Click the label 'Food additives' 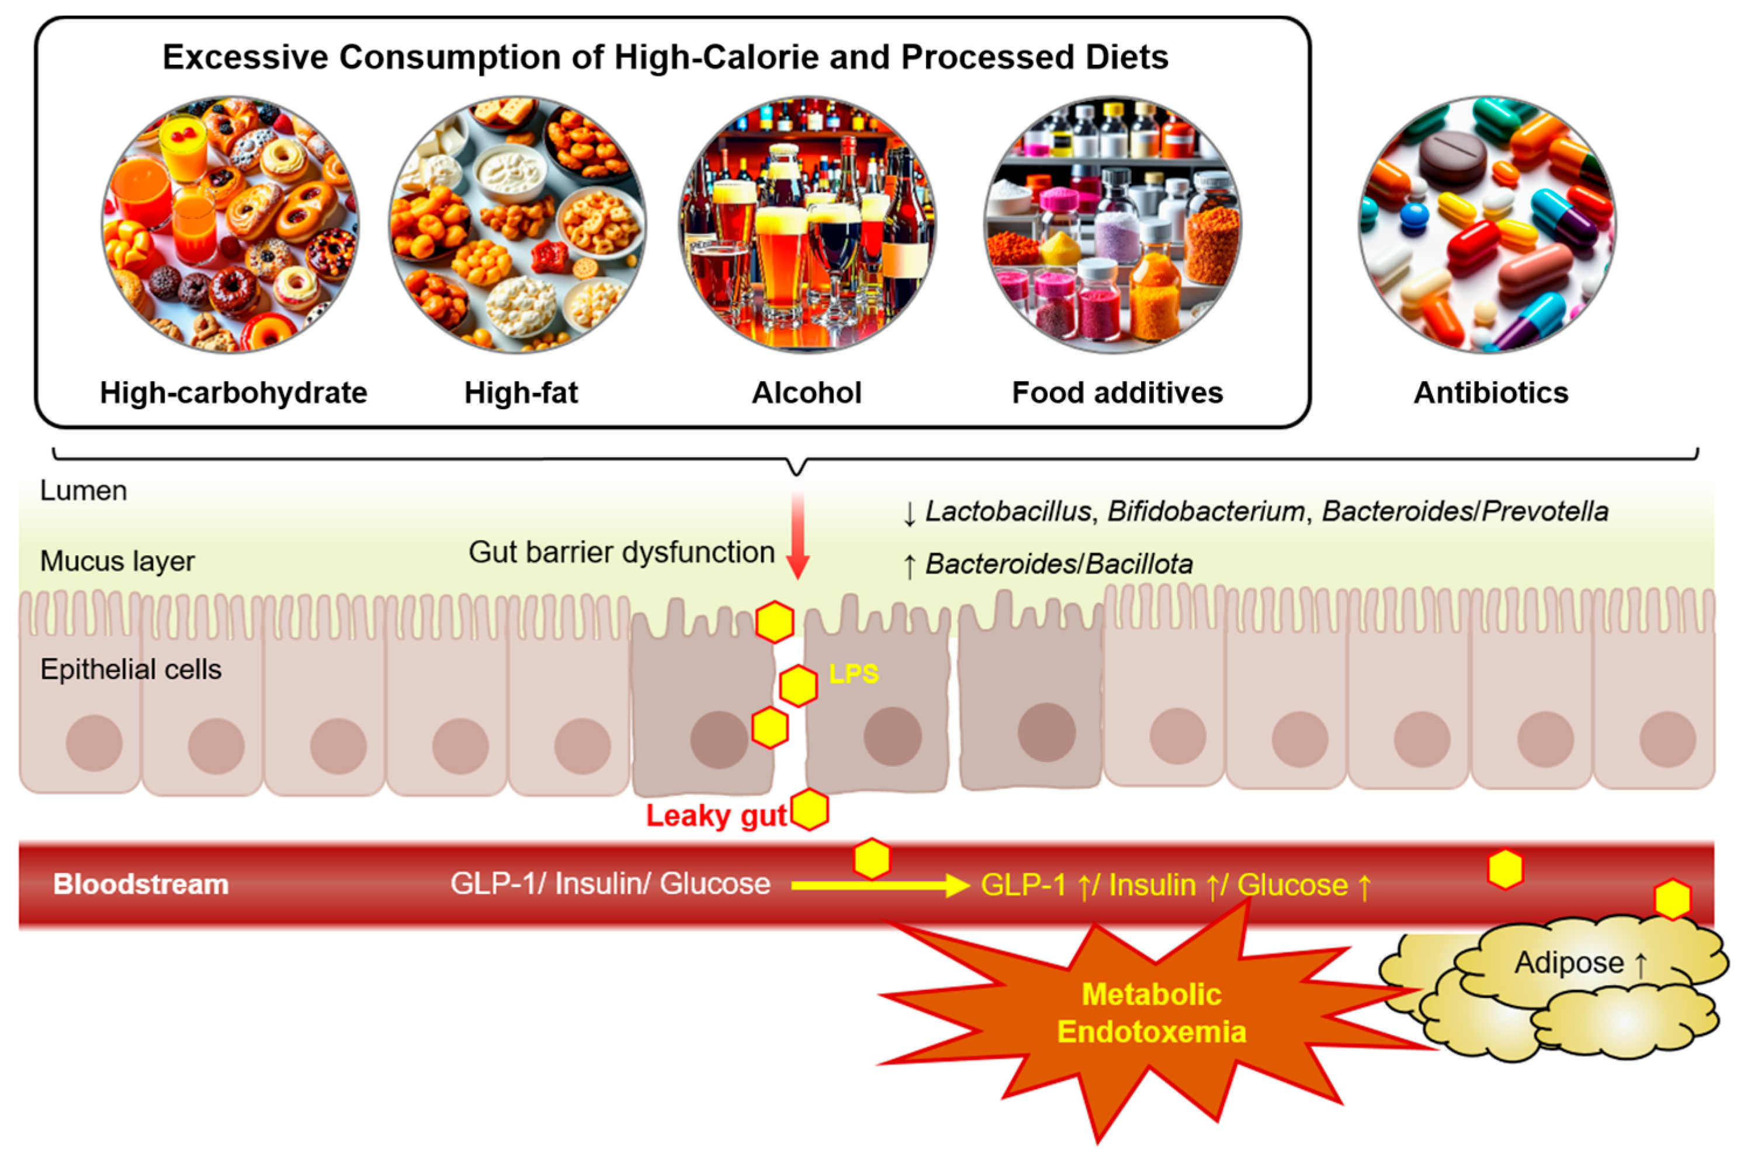click(1117, 393)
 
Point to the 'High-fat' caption click(521, 393)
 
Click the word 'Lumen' click(83, 490)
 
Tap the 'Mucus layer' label click(117, 561)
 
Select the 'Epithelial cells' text click(130, 669)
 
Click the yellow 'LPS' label click(854, 674)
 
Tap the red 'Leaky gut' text click(715, 816)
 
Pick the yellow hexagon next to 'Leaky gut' click(810, 809)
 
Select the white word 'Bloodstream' click(141, 884)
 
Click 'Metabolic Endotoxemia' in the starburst click(1151, 1013)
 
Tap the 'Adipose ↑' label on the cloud click(1579, 963)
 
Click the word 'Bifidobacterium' click(1206, 512)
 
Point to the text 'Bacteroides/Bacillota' click(1059, 565)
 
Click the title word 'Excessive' click(245, 58)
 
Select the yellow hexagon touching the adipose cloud click(1673, 899)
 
